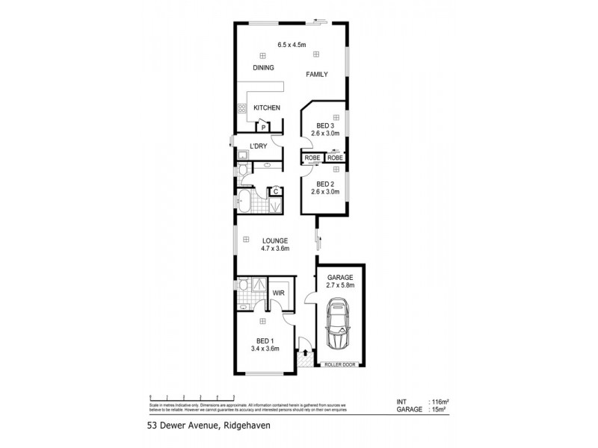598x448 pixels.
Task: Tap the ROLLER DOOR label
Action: click(x=340, y=364)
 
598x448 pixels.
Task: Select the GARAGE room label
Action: click(x=340, y=278)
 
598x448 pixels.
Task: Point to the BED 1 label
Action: click(x=262, y=340)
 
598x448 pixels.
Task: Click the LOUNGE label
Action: click(x=274, y=240)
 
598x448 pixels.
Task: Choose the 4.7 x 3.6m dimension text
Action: click(x=274, y=249)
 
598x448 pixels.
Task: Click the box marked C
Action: click(x=275, y=192)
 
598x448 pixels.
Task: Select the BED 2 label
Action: click(x=325, y=184)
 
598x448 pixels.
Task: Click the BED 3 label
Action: click(x=325, y=125)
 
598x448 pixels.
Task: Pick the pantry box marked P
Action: click(x=264, y=128)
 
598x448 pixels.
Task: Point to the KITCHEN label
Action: click(x=267, y=108)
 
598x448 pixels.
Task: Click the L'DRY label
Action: click(x=259, y=146)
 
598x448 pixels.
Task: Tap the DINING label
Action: click(x=263, y=68)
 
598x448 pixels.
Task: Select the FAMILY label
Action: click(x=318, y=74)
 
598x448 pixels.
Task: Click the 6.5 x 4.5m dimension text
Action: click(x=292, y=45)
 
